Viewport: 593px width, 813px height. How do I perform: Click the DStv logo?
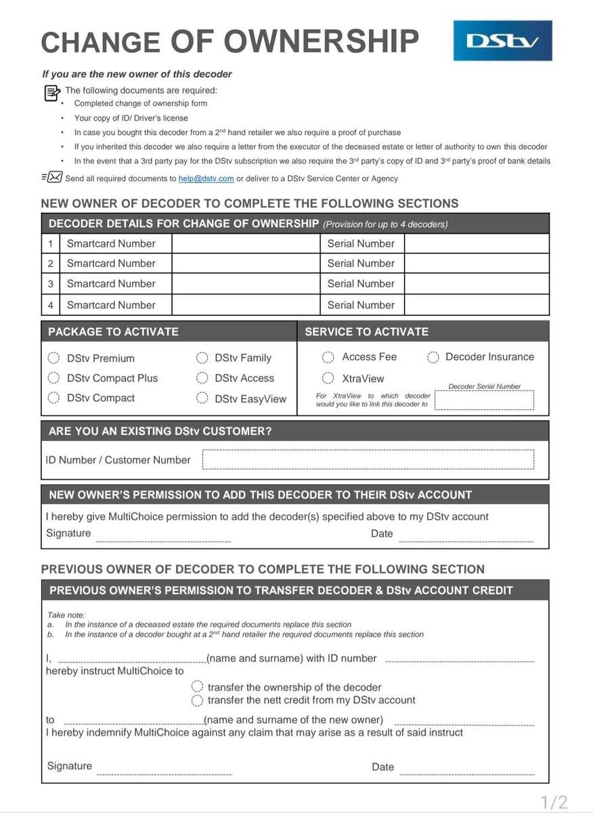502,41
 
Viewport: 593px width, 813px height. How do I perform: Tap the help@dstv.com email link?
206,179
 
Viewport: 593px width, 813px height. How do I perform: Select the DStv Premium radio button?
53,358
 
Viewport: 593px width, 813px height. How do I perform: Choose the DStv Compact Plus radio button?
53,378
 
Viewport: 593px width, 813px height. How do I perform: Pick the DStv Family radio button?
202,358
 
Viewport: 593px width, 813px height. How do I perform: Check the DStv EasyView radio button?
202,398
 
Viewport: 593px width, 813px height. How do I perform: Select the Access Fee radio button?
328,357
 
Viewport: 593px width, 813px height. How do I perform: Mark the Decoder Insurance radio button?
433,357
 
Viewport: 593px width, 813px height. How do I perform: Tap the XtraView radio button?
328,378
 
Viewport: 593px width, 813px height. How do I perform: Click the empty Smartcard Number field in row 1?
245,244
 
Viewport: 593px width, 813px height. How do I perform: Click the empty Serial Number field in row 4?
477,305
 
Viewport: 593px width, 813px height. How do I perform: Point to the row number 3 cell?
50,284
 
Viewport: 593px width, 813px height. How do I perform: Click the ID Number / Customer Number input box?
368,459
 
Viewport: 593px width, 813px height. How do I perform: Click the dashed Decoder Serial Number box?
484,400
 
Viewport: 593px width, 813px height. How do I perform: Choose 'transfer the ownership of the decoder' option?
198,687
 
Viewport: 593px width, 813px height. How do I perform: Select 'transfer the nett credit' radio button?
198,700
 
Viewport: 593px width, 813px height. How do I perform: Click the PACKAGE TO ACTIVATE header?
113,332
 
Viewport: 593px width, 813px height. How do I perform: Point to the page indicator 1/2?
554,803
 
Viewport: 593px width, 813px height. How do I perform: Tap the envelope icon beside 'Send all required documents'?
54,178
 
